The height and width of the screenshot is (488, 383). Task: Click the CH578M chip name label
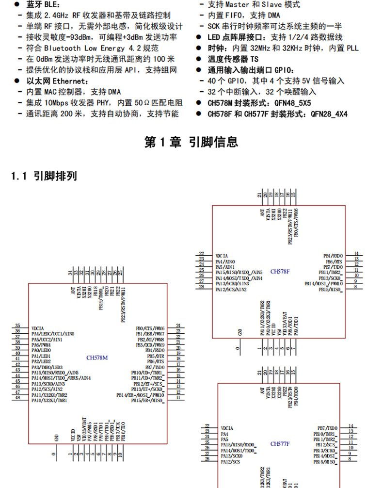pos(97,358)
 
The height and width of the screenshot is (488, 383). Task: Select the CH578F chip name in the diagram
pos(280,272)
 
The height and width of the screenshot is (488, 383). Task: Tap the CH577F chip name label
pos(280,443)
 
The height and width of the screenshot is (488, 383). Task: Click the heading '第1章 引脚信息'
pos(191,142)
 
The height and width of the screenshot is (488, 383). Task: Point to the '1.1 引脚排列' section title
pos(44,176)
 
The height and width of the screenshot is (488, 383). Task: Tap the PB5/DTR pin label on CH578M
pos(156,356)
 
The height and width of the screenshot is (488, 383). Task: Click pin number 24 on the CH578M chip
pos(178,326)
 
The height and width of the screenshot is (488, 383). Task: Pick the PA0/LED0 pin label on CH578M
pos(41,350)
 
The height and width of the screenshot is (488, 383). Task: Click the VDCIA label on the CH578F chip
pos(222,255)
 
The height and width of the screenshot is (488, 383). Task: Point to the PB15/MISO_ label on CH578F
pos(331,290)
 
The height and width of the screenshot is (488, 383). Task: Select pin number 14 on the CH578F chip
pos(356,254)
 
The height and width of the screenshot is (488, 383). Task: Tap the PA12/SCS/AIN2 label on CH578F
pos(231,290)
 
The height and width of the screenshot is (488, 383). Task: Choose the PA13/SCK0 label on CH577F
pos(232,456)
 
